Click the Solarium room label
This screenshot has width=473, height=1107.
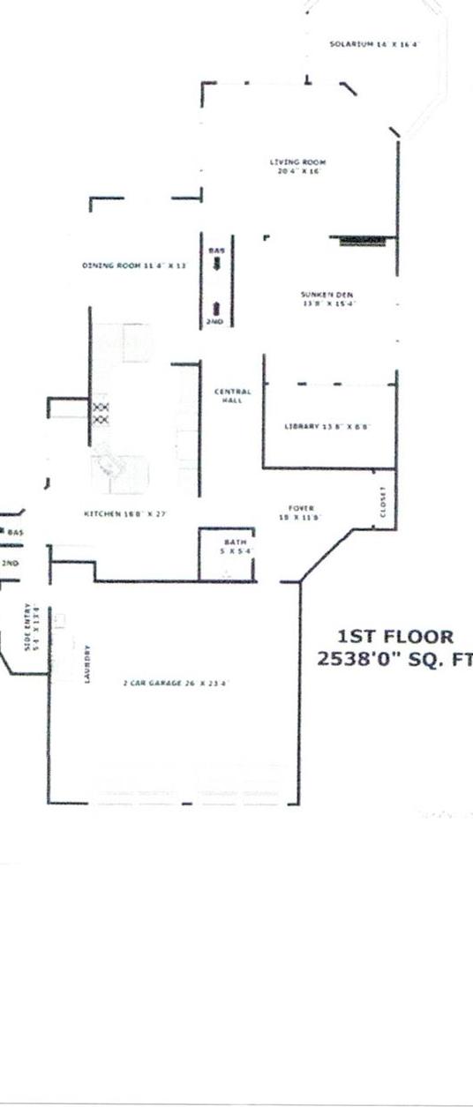click(373, 43)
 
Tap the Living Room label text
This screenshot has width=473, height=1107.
click(298, 166)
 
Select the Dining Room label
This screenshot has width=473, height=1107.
click(134, 265)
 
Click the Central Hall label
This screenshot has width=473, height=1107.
click(233, 395)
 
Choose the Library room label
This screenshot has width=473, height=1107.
click(326, 426)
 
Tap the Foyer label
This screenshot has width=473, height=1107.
click(302, 512)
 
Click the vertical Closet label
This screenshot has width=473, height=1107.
click(383, 502)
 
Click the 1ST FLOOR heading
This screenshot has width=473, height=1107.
click(395, 637)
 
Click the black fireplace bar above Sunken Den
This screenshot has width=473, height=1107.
click(360, 240)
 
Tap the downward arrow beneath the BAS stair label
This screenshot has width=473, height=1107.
click(217, 263)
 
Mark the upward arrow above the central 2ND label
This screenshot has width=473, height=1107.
click(217, 308)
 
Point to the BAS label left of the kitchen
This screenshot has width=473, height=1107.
click(15, 533)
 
